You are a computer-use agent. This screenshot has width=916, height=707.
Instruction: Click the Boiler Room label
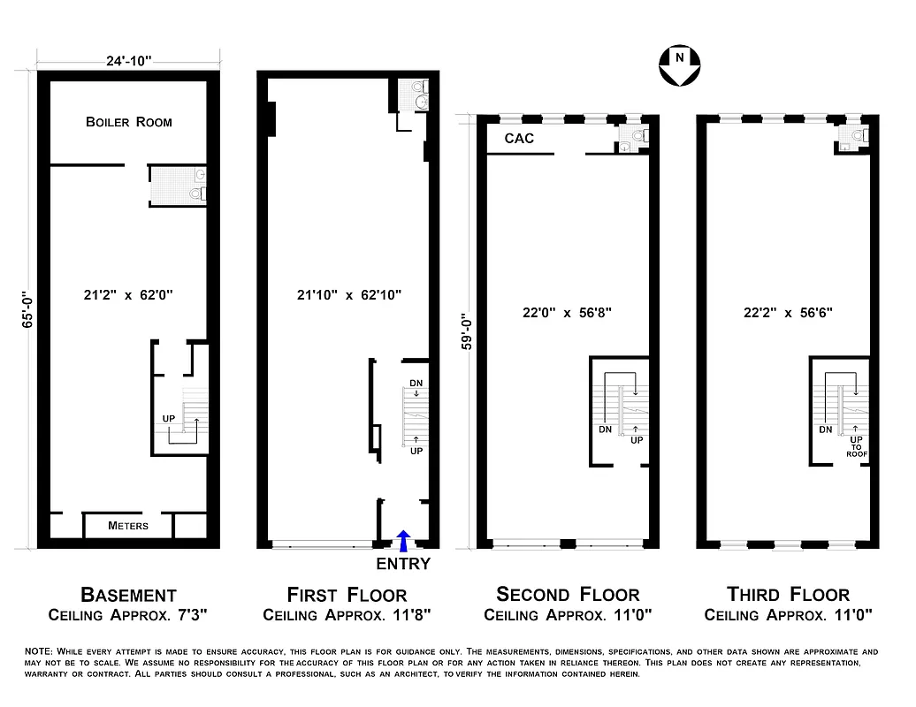[129, 122]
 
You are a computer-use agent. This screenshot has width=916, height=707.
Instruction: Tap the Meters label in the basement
[128, 526]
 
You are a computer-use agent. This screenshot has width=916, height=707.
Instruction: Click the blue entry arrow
[404, 539]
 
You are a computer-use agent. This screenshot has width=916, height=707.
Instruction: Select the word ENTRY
[403, 565]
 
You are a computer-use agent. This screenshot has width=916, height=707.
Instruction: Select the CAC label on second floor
[519, 139]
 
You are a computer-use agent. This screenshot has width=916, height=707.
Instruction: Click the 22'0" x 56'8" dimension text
[568, 312]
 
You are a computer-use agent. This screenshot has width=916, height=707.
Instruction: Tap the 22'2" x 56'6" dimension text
[789, 312]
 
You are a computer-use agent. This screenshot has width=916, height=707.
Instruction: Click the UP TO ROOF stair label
[856, 445]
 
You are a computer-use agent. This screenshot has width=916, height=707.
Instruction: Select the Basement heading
[128, 595]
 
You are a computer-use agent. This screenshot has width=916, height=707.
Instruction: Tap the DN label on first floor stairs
[416, 384]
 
